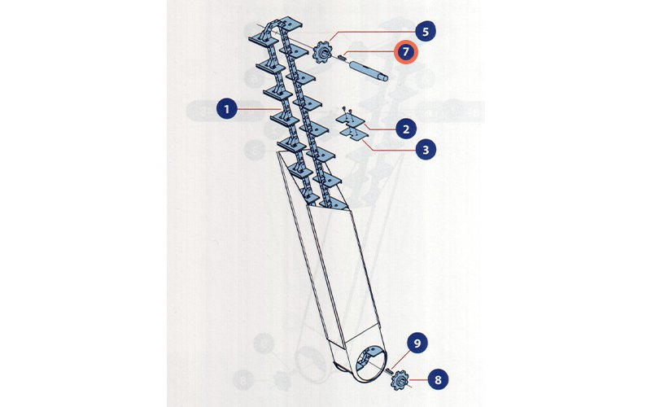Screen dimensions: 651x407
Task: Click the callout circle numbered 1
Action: click(x=227, y=109)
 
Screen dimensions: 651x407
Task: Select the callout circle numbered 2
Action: click(x=405, y=129)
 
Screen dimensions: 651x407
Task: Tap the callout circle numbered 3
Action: click(x=426, y=150)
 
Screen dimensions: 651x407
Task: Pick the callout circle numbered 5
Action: click(x=426, y=32)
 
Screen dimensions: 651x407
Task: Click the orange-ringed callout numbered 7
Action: click(x=405, y=52)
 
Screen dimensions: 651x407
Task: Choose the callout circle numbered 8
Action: click(x=438, y=379)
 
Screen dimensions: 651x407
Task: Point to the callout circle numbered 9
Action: click(x=417, y=343)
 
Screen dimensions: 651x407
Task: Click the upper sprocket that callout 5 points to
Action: click(x=322, y=52)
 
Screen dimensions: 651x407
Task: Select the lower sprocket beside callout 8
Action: click(x=400, y=379)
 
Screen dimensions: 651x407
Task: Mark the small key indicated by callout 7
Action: click(x=342, y=57)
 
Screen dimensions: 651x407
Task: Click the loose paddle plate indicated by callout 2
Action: click(x=350, y=120)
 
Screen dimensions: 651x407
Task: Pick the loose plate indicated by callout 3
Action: click(x=353, y=133)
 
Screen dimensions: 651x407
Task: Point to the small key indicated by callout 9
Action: click(x=390, y=370)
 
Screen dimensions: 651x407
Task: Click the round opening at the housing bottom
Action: click(x=369, y=364)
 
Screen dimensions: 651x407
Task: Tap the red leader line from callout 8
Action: click(x=418, y=379)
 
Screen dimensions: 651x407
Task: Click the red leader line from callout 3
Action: click(x=390, y=146)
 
